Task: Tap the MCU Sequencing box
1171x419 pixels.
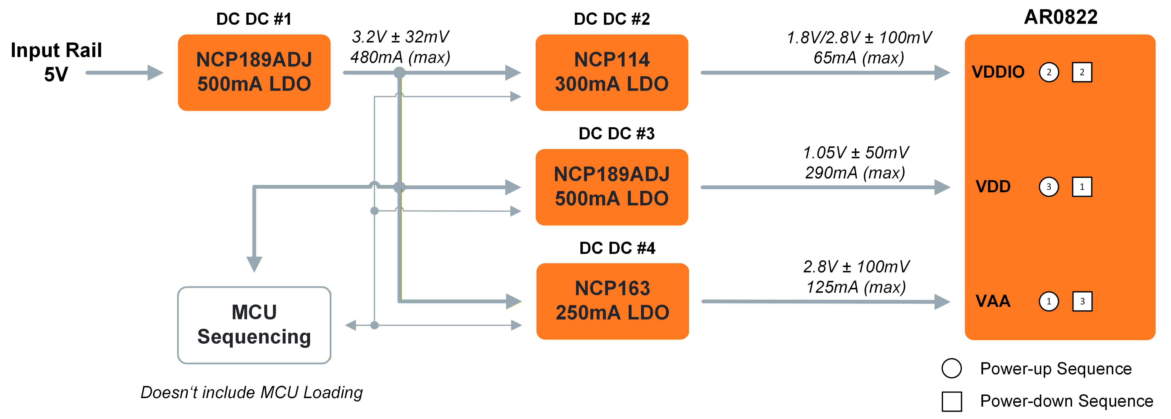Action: click(254, 325)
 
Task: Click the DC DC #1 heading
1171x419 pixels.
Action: click(254, 19)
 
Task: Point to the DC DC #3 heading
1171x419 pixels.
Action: click(616, 134)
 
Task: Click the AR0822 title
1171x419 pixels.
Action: click(1060, 17)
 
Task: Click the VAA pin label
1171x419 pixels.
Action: click(993, 301)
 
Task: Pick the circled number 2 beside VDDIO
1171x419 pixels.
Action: click(1049, 72)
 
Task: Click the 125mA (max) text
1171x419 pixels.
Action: click(856, 287)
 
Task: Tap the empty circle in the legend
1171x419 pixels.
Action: click(951, 368)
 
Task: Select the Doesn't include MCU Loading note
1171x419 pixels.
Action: click(251, 392)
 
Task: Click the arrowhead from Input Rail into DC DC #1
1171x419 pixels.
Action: click(155, 72)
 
